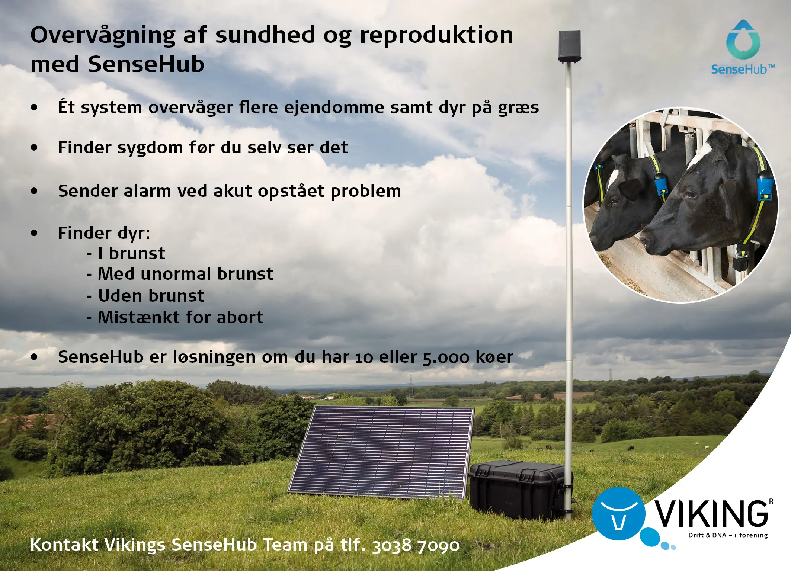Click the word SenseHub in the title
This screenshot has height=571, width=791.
point(146,64)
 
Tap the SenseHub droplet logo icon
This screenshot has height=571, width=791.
point(743,40)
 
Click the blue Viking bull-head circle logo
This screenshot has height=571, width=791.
point(618,514)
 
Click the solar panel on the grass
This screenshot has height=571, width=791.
point(381,452)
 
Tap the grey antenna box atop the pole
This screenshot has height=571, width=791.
point(570,46)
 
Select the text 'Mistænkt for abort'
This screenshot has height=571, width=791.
point(180,318)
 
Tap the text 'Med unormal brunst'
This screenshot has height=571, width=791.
point(185,274)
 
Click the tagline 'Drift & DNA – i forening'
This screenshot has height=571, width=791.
point(728,535)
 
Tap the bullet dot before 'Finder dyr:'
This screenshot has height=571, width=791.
point(35,233)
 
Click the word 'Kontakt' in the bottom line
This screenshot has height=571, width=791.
point(64,545)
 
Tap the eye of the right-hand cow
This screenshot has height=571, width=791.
point(691,194)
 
